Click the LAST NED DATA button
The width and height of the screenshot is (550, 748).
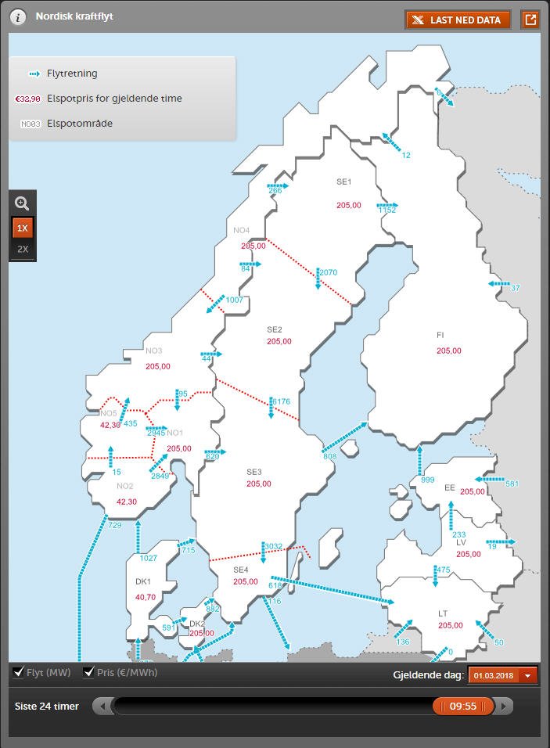click(458, 20)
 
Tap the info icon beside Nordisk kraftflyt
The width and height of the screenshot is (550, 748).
click(17, 17)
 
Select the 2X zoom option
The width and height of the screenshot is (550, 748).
click(23, 250)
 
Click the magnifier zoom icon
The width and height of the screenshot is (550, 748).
click(22, 203)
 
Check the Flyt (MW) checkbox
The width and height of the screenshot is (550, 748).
click(19, 673)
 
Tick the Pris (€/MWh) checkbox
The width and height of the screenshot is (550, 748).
click(89, 673)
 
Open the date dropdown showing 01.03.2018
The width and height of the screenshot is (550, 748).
click(503, 675)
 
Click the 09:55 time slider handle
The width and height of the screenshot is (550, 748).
click(463, 707)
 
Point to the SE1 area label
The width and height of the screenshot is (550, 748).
click(344, 182)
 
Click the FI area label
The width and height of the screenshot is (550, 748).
click(440, 335)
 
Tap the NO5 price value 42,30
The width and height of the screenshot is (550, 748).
click(110, 425)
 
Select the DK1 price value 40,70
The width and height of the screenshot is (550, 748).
click(146, 597)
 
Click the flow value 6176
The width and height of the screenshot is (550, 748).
click(281, 401)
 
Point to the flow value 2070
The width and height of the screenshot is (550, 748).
click(329, 272)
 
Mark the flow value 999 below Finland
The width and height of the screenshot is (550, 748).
click(427, 480)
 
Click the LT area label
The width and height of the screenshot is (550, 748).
click(443, 613)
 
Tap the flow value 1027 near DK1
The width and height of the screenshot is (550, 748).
click(148, 559)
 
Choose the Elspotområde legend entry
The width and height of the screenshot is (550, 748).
click(79, 123)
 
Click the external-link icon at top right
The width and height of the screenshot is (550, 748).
click(530, 20)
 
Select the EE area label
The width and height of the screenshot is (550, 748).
click(450, 487)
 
